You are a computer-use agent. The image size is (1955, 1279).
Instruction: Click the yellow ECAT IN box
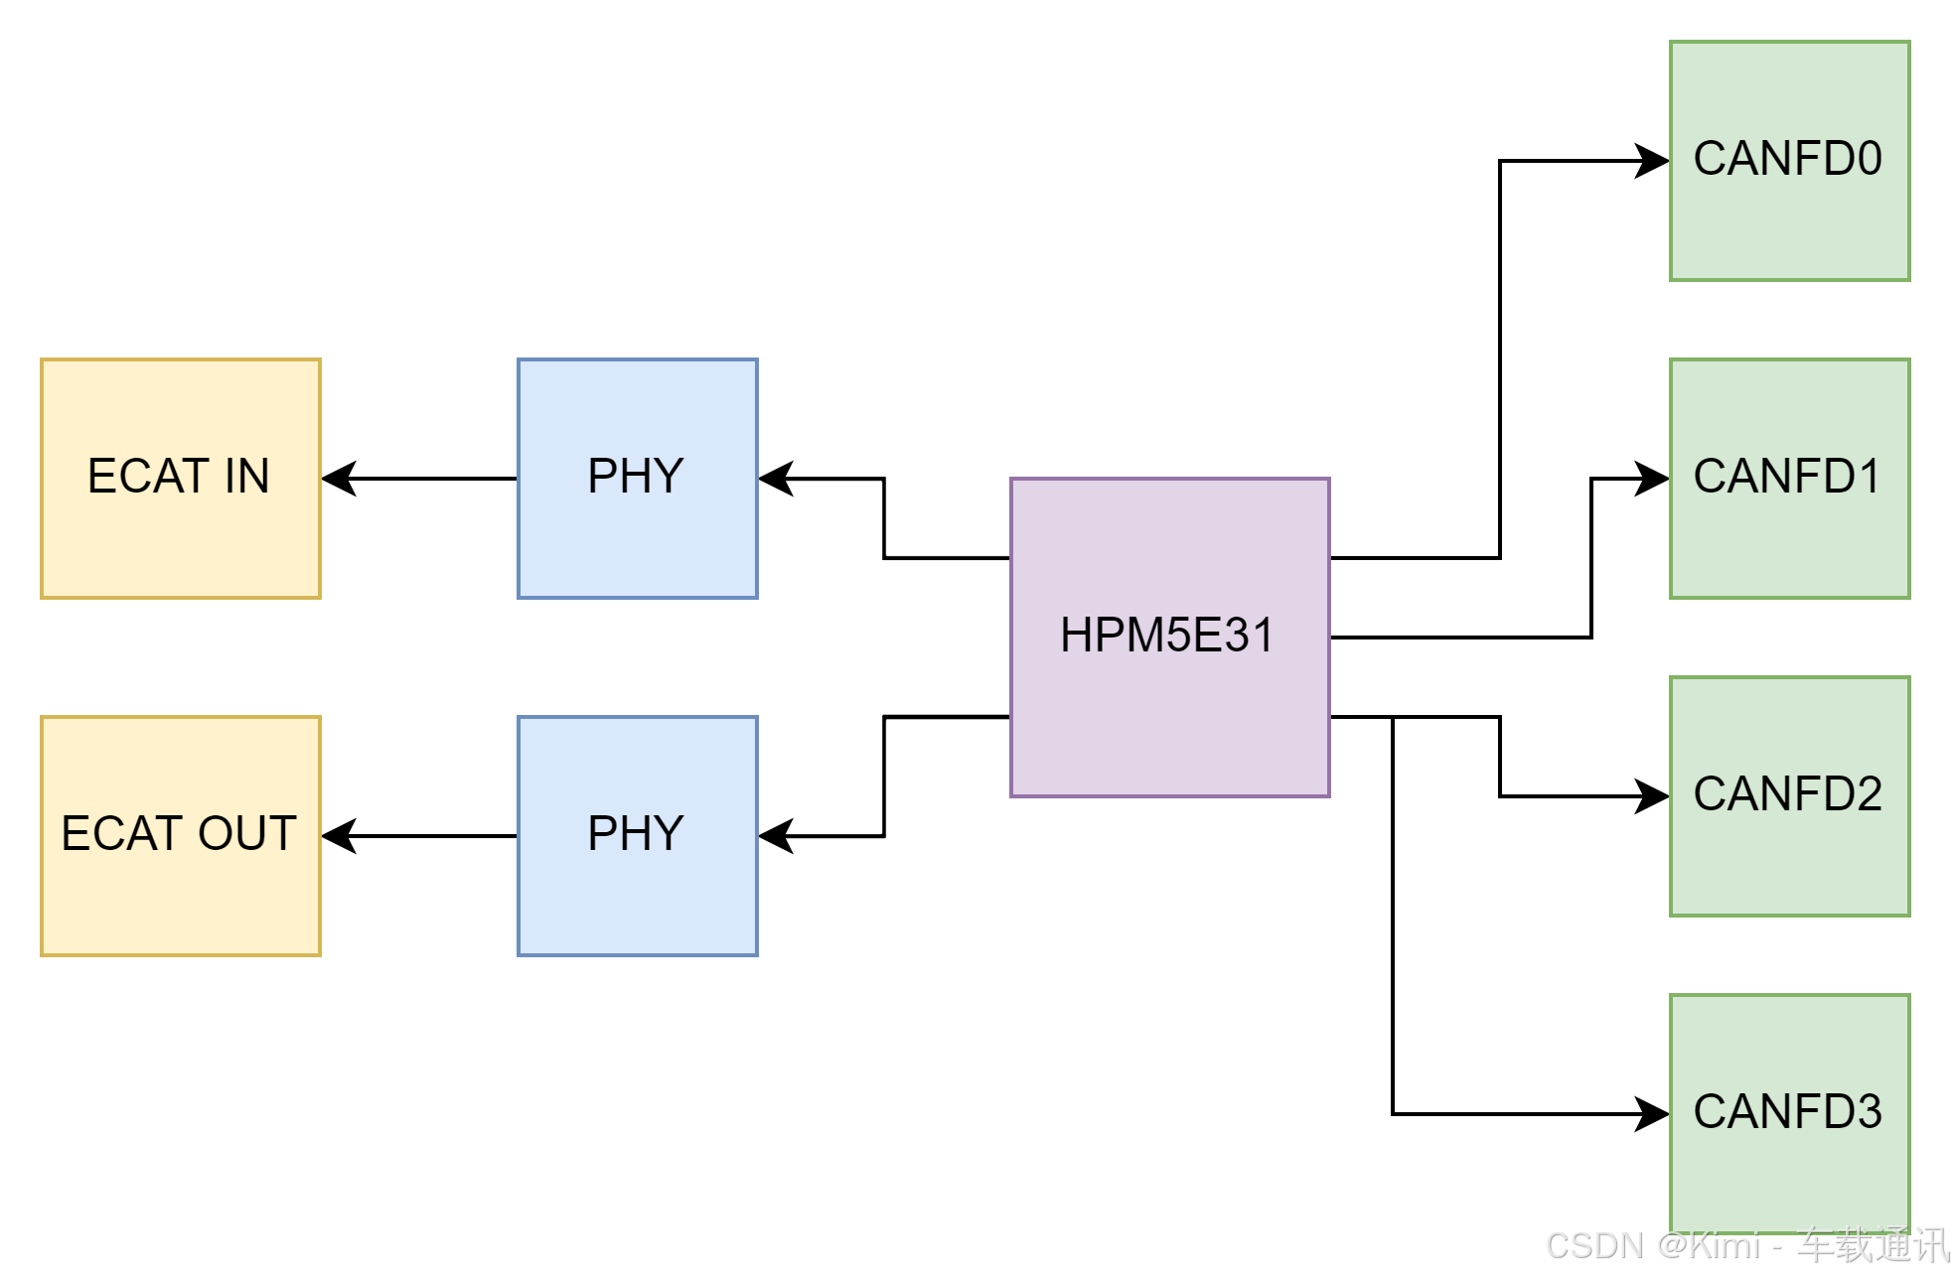(x=180, y=479)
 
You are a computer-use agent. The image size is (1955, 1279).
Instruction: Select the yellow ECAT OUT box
(x=180, y=836)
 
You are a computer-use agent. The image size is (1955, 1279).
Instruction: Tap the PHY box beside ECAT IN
(x=637, y=479)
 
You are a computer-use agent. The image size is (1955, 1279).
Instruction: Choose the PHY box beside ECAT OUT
(x=637, y=836)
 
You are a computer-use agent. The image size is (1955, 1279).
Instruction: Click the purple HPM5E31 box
(x=1169, y=637)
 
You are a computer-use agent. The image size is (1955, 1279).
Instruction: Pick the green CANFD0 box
(x=1789, y=161)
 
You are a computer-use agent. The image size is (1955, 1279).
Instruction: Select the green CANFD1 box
(x=1789, y=479)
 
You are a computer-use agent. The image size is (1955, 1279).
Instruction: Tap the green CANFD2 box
(x=1789, y=795)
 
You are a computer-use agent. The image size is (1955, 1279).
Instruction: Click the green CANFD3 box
(x=1789, y=1113)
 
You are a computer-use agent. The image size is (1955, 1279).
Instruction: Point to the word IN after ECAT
(x=246, y=477)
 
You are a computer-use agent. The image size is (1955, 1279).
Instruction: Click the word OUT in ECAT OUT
(x=247, y=834)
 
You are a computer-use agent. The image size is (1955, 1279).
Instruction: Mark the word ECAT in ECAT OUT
(x=122, y=834)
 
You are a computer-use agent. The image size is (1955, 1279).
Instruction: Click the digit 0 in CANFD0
(x=1868, y=159)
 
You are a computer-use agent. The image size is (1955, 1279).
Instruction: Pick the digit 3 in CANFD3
(x=1868, y=1112)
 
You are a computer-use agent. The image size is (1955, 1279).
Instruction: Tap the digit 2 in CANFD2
(x=1868, y=794)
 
